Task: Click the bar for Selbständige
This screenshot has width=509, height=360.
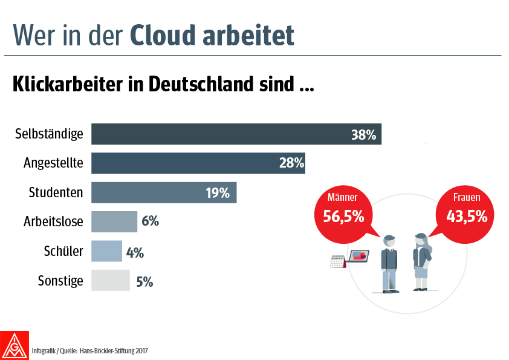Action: click(236, 134)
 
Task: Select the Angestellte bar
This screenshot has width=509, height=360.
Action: click(198, 163)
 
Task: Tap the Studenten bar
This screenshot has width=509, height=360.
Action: click(163, 192)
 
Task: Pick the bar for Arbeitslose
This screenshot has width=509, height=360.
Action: click(114, 221)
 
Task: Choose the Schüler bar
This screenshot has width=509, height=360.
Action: click(106, 250)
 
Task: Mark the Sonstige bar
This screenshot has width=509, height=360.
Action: click(111, 280)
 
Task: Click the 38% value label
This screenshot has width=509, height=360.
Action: click(364, 134)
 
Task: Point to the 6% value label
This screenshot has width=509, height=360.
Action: click(150, 221)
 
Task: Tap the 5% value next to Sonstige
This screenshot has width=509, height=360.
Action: click(144, 281)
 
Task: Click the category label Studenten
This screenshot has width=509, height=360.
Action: click(56, 192)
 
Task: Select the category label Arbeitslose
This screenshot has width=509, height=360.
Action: click(53, 221)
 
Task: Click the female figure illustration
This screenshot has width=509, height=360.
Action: click(421, 261)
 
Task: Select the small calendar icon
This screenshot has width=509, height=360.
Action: click(337, 261)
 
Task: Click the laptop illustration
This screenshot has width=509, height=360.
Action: click(358, 257)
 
